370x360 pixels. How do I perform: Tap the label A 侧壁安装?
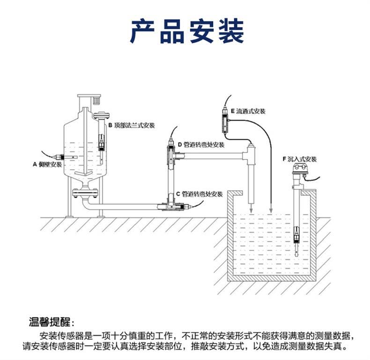pos(47,164)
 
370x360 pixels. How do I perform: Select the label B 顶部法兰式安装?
pos(132,126)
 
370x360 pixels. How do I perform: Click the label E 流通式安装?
pos(248,111)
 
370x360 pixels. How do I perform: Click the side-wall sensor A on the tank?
pos(59,158)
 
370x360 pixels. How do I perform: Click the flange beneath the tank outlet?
pos(86,191)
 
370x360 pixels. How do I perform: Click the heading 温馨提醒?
pos(52,323)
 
